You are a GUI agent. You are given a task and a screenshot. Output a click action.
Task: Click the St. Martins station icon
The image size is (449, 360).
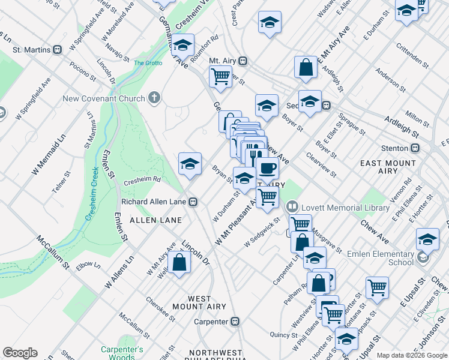58,50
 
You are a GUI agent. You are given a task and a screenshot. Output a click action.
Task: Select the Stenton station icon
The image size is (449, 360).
414,148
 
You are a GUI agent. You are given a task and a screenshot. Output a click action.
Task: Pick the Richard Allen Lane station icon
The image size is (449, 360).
193,202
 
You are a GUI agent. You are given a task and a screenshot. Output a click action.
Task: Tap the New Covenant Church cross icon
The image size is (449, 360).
154,98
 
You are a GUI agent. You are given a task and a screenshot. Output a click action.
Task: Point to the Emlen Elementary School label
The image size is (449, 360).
384,258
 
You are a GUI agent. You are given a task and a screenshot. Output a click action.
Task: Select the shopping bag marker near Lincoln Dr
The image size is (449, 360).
179,262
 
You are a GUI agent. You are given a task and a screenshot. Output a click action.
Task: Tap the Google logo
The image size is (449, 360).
20,353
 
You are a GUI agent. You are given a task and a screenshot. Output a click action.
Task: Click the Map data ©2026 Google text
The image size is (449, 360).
411,355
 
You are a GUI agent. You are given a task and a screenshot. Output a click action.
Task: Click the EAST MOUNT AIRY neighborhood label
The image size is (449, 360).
388,167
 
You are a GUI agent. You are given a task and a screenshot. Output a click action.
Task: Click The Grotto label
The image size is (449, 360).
147,63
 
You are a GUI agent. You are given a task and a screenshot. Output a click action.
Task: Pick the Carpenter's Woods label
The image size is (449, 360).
121,353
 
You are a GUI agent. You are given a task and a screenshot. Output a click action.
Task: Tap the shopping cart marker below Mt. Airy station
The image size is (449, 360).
221,76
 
